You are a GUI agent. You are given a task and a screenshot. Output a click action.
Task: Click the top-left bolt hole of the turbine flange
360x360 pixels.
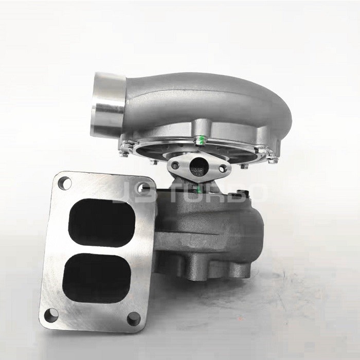(64, 182)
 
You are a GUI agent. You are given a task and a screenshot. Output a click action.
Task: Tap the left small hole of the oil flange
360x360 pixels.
(176, 166)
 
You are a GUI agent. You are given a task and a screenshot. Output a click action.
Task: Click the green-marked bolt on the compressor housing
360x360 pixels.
(202, 138)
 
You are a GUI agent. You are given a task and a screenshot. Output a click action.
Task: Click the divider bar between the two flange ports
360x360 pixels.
(99, 248)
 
